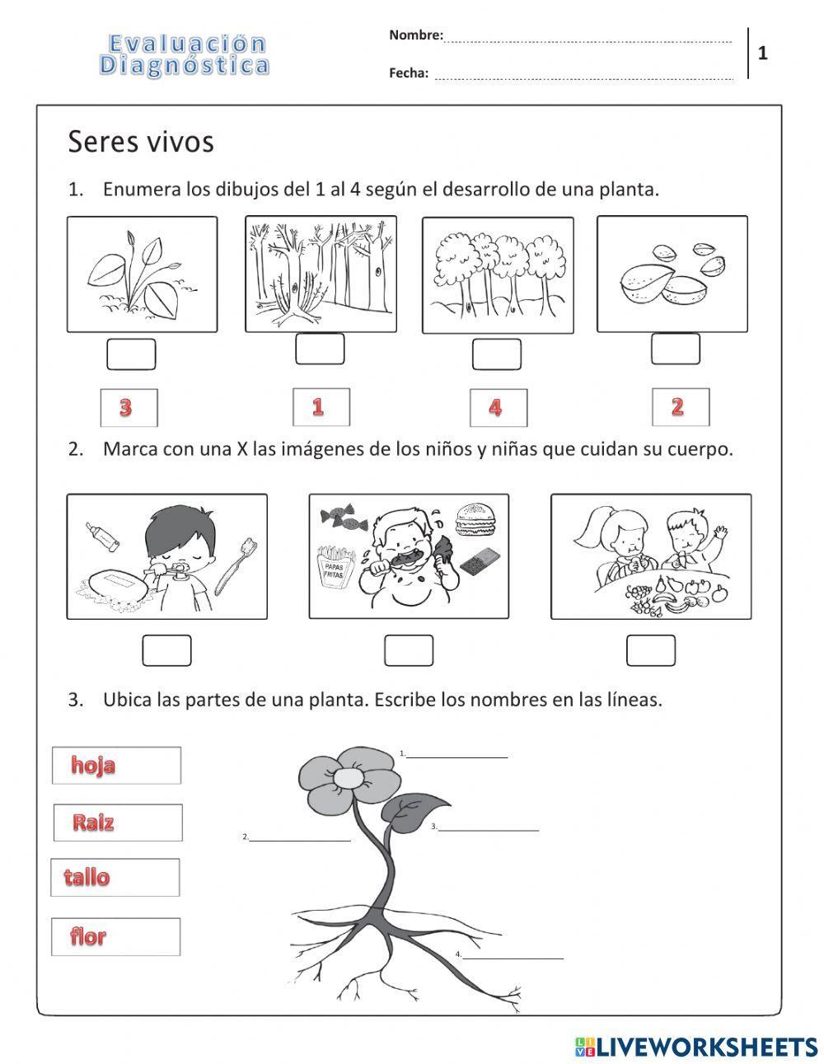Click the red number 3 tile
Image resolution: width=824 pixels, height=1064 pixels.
pos(128,407)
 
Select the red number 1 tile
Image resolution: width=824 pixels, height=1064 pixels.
pos(321,406)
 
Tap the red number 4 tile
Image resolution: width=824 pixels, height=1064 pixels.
pos(498,407)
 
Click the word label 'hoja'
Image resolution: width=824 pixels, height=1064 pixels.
pos(116,765)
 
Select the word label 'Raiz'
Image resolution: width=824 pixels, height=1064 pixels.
pos(117,823)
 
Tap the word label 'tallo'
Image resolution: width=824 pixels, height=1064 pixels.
pos(115,877)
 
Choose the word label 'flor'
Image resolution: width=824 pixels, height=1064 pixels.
pos(115,936)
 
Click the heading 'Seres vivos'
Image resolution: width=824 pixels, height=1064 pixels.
pos(141,142)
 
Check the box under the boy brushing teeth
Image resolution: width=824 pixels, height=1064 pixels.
pos(166,650)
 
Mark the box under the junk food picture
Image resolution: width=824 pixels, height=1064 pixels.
pos(408,650)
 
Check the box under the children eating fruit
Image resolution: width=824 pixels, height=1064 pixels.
pos(650,650)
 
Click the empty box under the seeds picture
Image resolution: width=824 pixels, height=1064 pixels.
pos(675,349)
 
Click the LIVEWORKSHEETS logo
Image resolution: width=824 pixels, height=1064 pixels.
pos(696,1046)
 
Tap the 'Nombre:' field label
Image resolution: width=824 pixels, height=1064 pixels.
pos(415,35)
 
